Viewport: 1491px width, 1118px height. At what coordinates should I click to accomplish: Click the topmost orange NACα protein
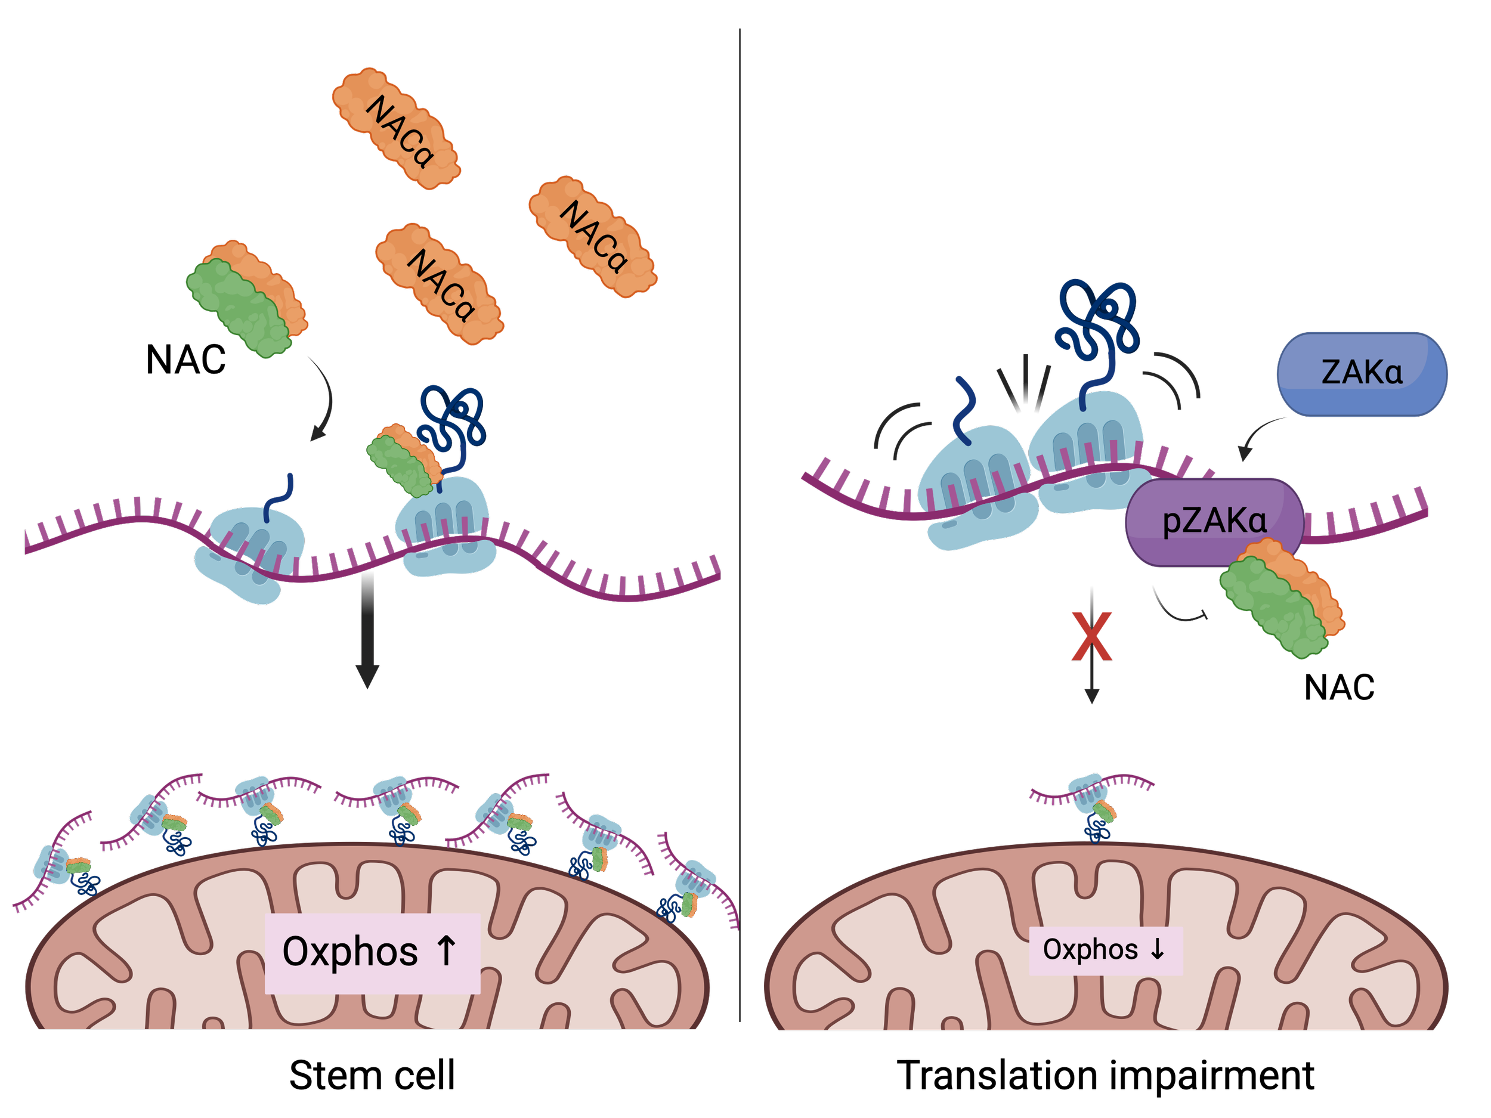point(397,128)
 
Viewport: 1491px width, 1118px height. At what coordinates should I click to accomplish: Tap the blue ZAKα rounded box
point(1362,373)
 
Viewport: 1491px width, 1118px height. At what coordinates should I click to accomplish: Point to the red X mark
point(1091,637)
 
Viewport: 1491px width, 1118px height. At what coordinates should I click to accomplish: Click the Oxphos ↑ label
point(372,952)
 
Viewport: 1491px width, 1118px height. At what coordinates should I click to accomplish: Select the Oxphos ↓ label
point(1106,950)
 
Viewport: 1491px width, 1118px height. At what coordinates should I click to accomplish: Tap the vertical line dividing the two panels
point(740,526)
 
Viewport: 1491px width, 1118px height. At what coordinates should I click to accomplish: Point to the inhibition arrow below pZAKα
point(1180,606)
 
